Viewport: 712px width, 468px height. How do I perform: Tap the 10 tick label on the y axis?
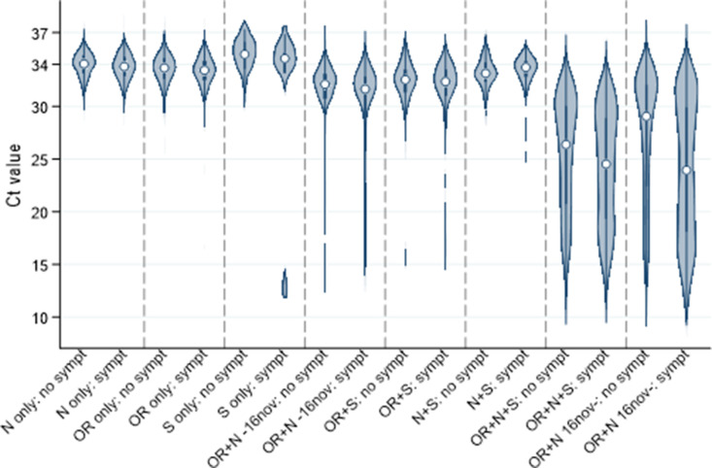pyautogui.click(x=42, y=317)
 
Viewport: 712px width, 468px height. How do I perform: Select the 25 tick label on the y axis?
pyautogui.click(x=42, y=158)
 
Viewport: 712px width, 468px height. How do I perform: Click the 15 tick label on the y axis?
pyautogui.click(x=42, y=264)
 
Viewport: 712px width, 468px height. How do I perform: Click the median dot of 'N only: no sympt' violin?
pyautogui.click(x=85, y=63)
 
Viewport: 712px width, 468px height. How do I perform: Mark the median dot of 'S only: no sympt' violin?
pyautogui.click(x=245, y=54)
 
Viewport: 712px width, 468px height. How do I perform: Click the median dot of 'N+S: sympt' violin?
pyautogui.click(x=526, y=67)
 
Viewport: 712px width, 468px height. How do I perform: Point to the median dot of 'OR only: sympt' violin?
pyautogui.click(x=204, y=70)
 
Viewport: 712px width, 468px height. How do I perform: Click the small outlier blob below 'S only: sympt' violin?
pyautogui.click(x=285, y=285)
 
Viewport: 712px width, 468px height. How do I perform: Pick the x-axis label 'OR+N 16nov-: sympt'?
pyautogui.click(x=641, y=408)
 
